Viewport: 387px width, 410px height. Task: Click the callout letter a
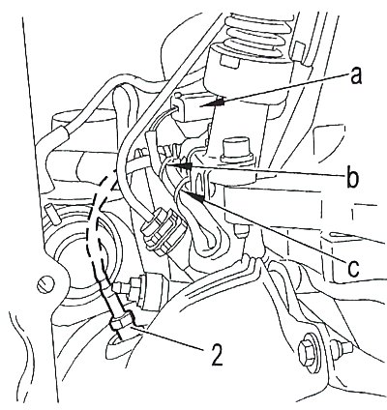coord(356,77)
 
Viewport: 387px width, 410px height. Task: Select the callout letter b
coord(352,177)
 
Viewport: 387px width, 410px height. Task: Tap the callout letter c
coord(354,268)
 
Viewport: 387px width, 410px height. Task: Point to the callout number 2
coord(217,355)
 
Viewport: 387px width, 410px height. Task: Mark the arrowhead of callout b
coord(185,166)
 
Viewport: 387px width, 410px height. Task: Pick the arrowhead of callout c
coord(197,197)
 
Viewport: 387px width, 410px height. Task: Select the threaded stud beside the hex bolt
coord(342,347)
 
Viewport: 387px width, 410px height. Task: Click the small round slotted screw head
coord(44,284)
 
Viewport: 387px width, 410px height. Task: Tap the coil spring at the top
coord(257,36)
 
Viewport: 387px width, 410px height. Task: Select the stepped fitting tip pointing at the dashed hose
coord(124,287)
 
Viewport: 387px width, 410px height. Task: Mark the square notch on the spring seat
coord(229,61)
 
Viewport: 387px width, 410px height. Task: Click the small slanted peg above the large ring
coord(52,214)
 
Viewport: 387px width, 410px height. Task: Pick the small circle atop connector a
coord(177,96)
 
